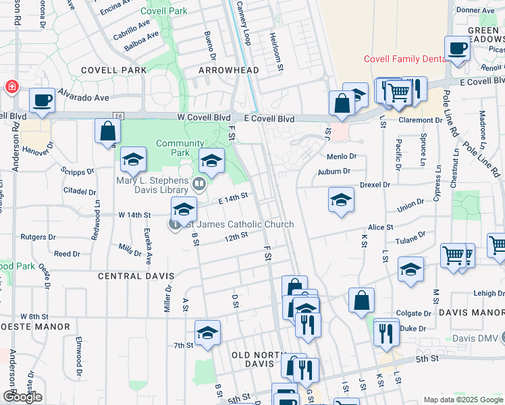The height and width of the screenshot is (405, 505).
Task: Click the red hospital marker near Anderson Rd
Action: pyautogui.click(x=11, y=87)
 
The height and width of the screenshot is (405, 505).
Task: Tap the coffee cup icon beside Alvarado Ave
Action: pyautogui.click(x=42, y=100)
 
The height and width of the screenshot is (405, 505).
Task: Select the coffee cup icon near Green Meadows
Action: pyautogui.click(x=458, y=49)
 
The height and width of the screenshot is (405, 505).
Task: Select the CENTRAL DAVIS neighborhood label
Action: pyautogui.click(x=136, y=276)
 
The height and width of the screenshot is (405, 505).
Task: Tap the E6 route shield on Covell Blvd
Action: pyautogui.click(x=119, y=116)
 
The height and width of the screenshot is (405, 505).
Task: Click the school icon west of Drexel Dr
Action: pyautogui.click(x=341, y=200)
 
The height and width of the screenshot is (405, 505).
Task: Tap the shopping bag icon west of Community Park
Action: pyautogui.click(x=107, y=131)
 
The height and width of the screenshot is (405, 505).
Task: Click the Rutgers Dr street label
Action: pyautogui.click(x=38, y=237)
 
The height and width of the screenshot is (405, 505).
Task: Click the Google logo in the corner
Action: pyautogui.click(x=22, y=397)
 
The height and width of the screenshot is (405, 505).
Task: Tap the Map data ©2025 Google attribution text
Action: pyautogui.click(x=462, y=400)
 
